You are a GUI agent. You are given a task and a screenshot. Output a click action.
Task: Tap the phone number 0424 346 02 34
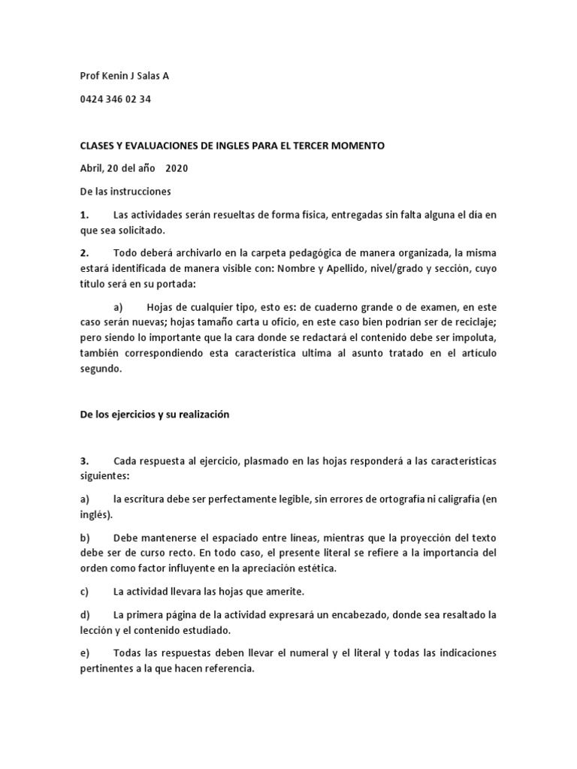click(x=115, y=99)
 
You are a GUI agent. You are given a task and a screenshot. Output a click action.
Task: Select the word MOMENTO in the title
click(x=357, y=146)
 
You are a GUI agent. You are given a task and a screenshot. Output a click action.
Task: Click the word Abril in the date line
click(x=92, y=168)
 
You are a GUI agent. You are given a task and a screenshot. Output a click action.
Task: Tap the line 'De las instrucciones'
click(x=125, y=191)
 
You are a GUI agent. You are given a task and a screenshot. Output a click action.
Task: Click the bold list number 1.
click(x=84, y=215)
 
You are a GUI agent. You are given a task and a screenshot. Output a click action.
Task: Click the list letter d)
click(x=84, y=614)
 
